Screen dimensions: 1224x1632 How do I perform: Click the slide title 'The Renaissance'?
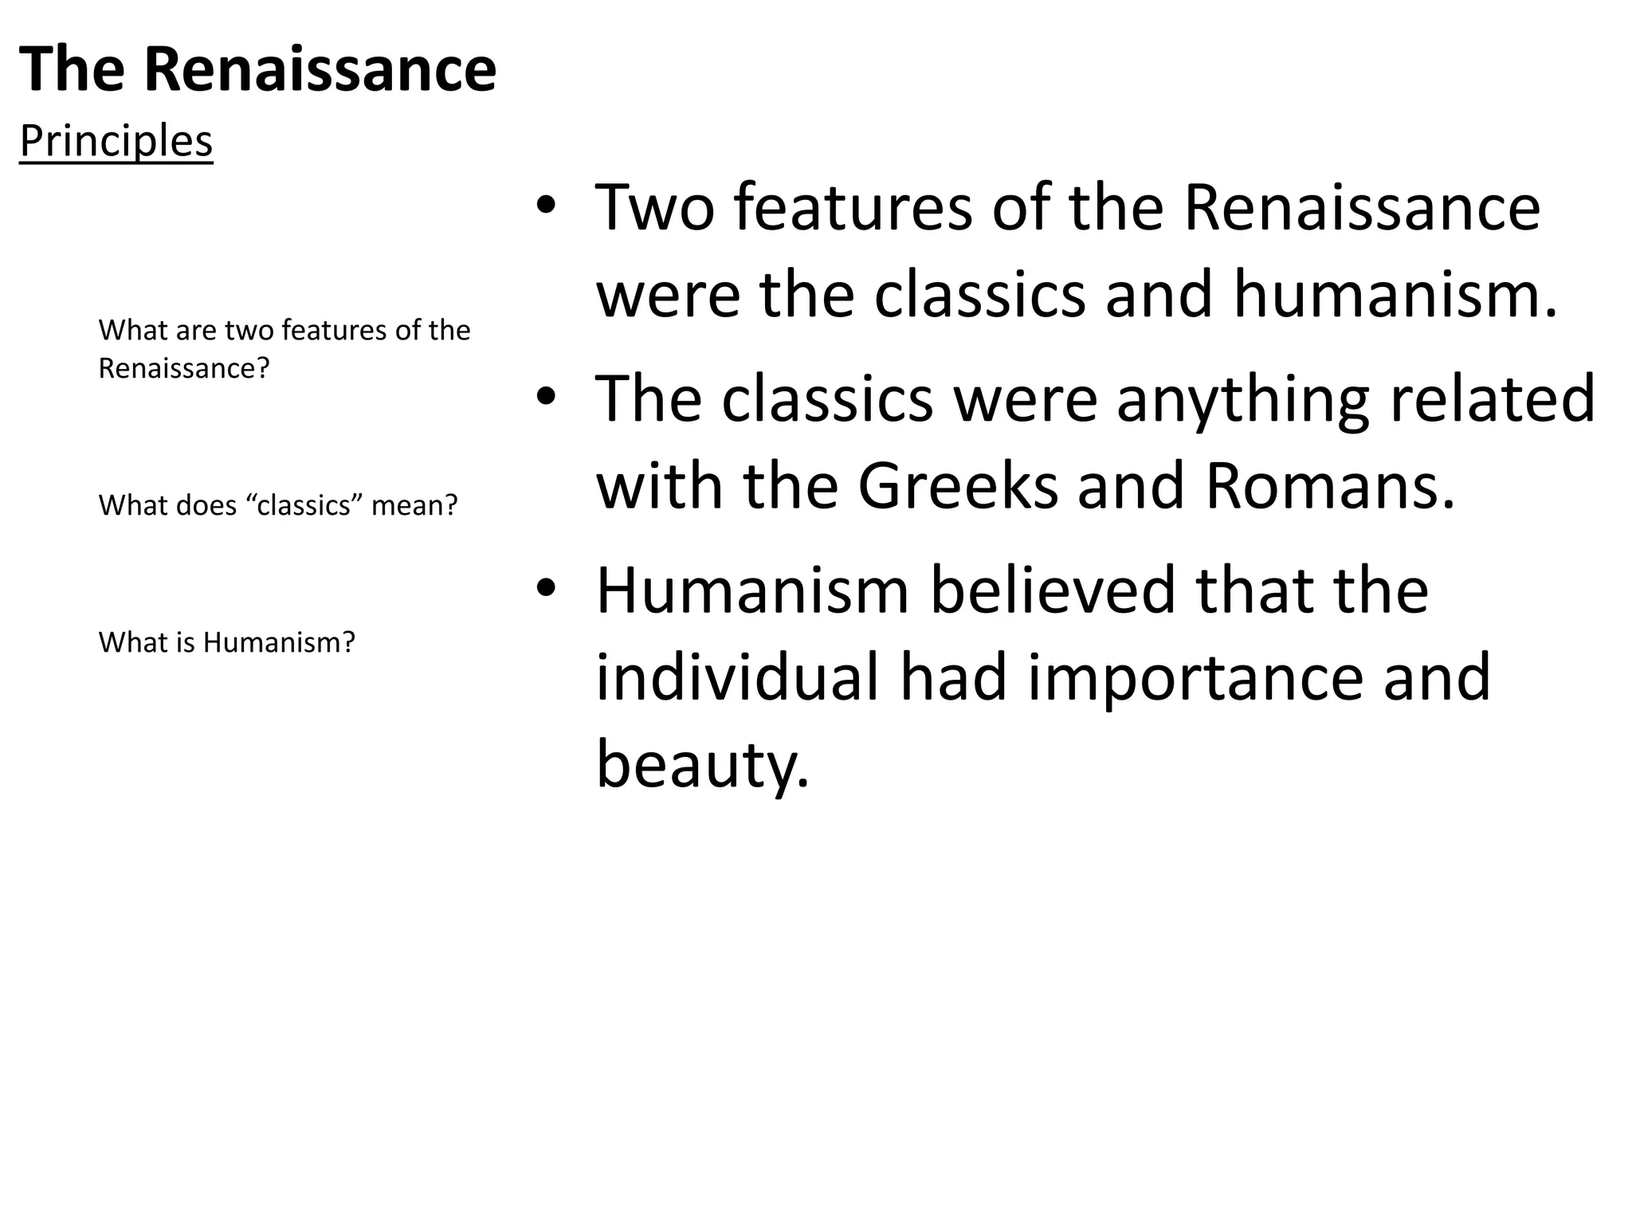pyautogui.click(x=257, y=70)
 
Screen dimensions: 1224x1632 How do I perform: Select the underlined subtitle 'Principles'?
pyautogui.click(x=116, y=142)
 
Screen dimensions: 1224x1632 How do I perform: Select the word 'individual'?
pyautogui.click(x=737, y=677)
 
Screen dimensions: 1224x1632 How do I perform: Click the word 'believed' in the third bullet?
pyautogui.click(x=1052, y=590)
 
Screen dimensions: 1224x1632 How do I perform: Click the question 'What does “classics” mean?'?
pyautogui.click(x=278, y=505)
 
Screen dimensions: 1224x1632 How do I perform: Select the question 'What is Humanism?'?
pyautogui.click(x=226, y=642)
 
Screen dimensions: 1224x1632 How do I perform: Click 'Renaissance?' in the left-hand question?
pyautogui.click(x=184, y=369)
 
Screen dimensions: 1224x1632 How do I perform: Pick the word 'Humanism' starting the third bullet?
pyautogui.click(x=752, y=590)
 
